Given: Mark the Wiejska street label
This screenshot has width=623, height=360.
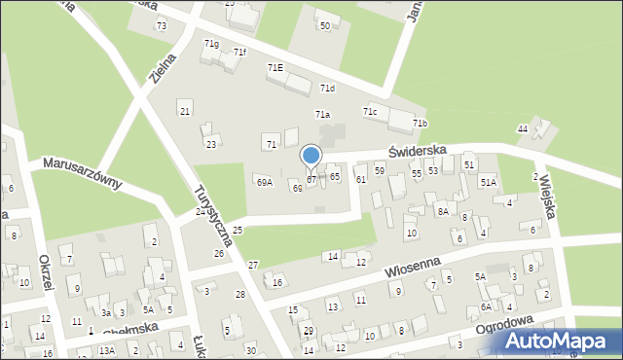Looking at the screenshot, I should click(x=544, y=196).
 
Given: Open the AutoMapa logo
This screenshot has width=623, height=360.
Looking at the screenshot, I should click(x=561, y=340).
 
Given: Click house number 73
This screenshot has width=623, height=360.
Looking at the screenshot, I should click(x=162, y=25).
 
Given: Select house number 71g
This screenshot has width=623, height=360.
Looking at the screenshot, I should click(x=211, y=44).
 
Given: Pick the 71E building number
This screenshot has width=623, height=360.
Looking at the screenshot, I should click(x=275, y=67).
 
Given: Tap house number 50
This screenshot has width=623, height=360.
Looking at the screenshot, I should click(x=325, y=25).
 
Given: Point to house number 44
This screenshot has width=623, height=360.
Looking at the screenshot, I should click(x=523, y=129).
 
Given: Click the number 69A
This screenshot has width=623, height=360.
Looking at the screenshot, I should click(x=264, y=182).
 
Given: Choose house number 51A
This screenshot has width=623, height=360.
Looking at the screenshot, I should click(x=488, y=182).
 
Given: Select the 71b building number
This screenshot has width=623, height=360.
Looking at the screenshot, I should click(x=420, y=124).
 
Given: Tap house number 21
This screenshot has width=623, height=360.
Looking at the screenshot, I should click(x=185, y=111).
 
